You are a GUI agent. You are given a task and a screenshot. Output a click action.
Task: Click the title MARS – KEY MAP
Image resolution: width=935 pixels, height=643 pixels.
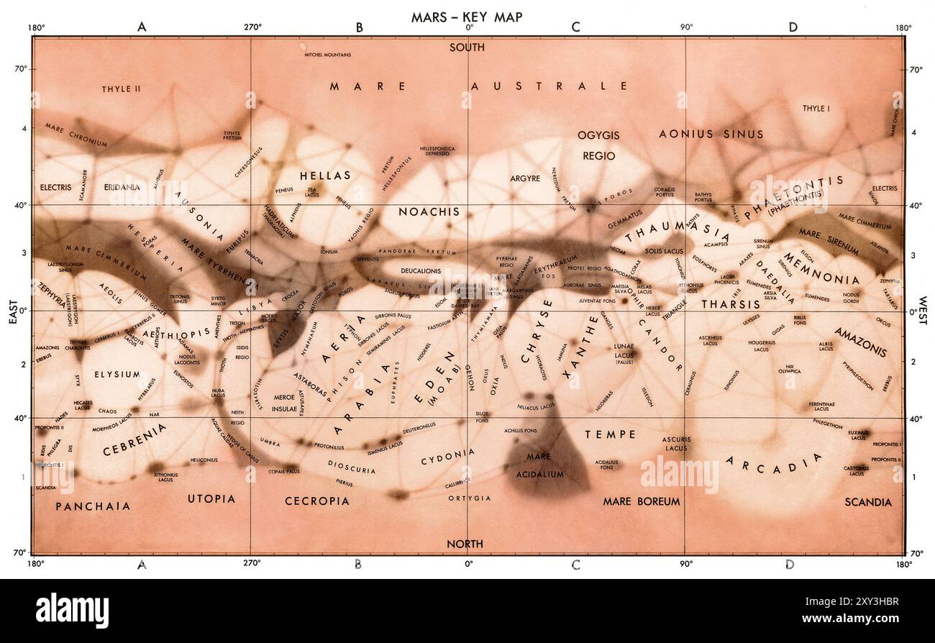pos(466,17)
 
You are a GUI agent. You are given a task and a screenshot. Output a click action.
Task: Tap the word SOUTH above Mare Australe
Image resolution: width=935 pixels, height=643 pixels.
pos(467,47)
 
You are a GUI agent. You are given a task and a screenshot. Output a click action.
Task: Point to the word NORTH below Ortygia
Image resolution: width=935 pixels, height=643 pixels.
pos(465,544)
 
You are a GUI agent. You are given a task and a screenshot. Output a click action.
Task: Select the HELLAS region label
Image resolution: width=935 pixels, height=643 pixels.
pos(325,175)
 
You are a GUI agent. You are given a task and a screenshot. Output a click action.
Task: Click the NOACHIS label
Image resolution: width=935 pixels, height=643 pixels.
pos(429,211)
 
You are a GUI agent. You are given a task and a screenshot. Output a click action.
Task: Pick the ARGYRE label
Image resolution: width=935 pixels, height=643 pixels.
pos(525,178)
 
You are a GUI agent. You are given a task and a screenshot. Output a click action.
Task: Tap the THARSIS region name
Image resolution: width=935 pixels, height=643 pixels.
pos(731,304)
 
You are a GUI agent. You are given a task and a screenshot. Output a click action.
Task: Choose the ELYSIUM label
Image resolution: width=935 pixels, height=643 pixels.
pos(117,375)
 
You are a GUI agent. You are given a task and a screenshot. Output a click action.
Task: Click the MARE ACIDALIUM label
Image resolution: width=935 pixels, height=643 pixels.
pos(539,465)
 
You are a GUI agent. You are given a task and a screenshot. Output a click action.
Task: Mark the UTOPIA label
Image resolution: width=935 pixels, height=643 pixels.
pos(211,498)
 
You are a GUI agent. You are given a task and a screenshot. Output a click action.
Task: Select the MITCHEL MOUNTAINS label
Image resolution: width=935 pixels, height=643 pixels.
pos(327,55)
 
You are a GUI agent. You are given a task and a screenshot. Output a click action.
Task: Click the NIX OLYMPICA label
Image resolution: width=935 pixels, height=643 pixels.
pos(789,369)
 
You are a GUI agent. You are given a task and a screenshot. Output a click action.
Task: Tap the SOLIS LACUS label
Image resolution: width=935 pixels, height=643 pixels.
pos(662,251)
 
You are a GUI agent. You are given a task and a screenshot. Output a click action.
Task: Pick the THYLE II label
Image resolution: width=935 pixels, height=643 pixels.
pos(120,88)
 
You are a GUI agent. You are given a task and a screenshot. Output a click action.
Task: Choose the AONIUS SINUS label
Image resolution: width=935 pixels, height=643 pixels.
pos(711,134)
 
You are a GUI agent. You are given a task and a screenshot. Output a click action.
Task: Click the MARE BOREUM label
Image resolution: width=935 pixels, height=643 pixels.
pos(641,501)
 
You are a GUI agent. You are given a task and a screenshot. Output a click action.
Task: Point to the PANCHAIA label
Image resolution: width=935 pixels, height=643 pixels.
pos(93,506)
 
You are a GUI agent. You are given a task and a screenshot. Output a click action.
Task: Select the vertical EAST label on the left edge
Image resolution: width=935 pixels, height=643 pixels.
pos(13,311)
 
